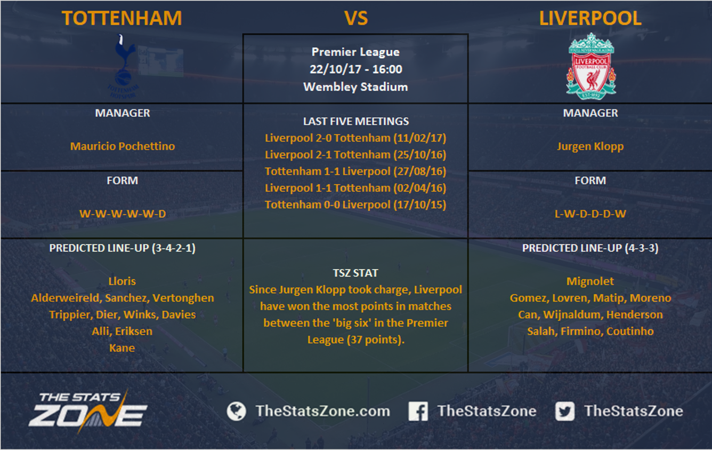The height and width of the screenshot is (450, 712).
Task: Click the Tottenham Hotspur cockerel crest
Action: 123,66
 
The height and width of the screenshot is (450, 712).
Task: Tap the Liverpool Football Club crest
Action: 590,66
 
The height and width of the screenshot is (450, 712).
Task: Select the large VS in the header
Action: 356,18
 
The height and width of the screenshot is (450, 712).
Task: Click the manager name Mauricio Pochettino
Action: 123,146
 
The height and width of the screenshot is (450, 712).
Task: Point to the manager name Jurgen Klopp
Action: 590,146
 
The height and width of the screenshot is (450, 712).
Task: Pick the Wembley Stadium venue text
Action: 355,87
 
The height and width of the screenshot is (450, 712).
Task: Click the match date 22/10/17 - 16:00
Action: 356,69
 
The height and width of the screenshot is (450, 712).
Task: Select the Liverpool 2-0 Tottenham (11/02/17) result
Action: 355,138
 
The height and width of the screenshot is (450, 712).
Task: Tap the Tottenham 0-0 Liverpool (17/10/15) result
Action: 355,204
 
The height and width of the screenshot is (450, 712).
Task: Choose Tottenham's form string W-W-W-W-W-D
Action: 123,214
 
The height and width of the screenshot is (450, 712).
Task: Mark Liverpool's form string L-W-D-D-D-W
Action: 590,214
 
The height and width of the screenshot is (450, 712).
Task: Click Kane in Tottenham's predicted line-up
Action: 122,348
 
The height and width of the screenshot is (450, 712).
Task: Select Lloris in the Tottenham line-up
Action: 122,281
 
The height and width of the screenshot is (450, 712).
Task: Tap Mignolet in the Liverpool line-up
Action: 590,281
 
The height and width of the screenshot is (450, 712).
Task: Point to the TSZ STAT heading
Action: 355,273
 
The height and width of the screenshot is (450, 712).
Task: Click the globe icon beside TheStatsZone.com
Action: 236,411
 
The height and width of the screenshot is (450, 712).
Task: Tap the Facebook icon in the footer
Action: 418,411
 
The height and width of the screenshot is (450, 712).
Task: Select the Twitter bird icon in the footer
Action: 565,411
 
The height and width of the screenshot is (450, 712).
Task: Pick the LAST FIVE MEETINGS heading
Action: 356,121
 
